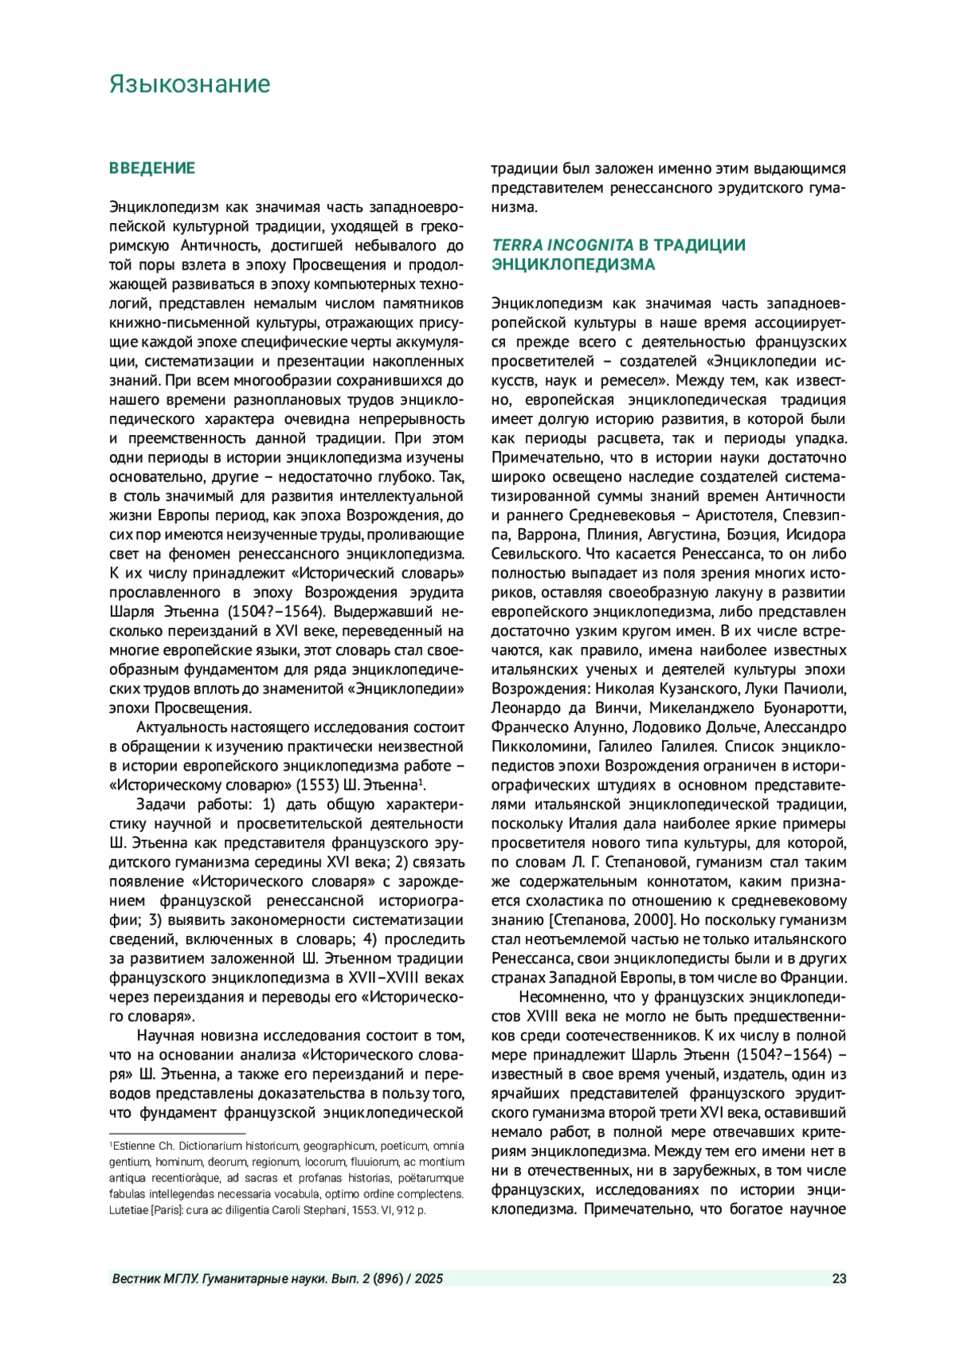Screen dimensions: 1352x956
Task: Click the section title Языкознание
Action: (190, 84)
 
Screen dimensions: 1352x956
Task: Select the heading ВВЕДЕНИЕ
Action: (152, 168)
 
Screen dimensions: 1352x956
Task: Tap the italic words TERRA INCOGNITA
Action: (562, 245)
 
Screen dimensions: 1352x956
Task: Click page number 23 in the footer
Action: (839, 1279)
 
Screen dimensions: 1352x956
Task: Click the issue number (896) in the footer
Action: (385, 1279)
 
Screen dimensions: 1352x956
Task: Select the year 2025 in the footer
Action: (429, 1279)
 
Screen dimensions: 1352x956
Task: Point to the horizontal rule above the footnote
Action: (177, 1133)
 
